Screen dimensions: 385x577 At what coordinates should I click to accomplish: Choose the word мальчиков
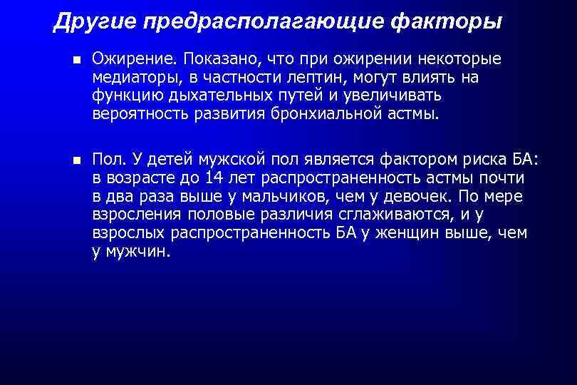coord(304,197)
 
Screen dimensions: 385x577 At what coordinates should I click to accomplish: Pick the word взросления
coord(137,215)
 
